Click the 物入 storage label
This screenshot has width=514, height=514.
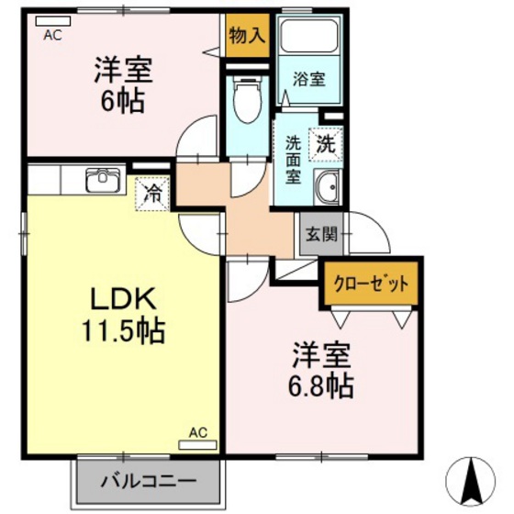pos(248,38)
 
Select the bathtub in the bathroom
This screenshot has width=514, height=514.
pos(309,36)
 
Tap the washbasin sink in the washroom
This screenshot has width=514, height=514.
pos(325,188)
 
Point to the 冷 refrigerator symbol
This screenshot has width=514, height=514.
pos(153,194)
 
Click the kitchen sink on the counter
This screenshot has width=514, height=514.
pos(103,179)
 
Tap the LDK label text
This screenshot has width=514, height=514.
pos(126,299)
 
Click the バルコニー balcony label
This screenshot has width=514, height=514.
pos(148,479)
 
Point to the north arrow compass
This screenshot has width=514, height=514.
pos(475,477)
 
